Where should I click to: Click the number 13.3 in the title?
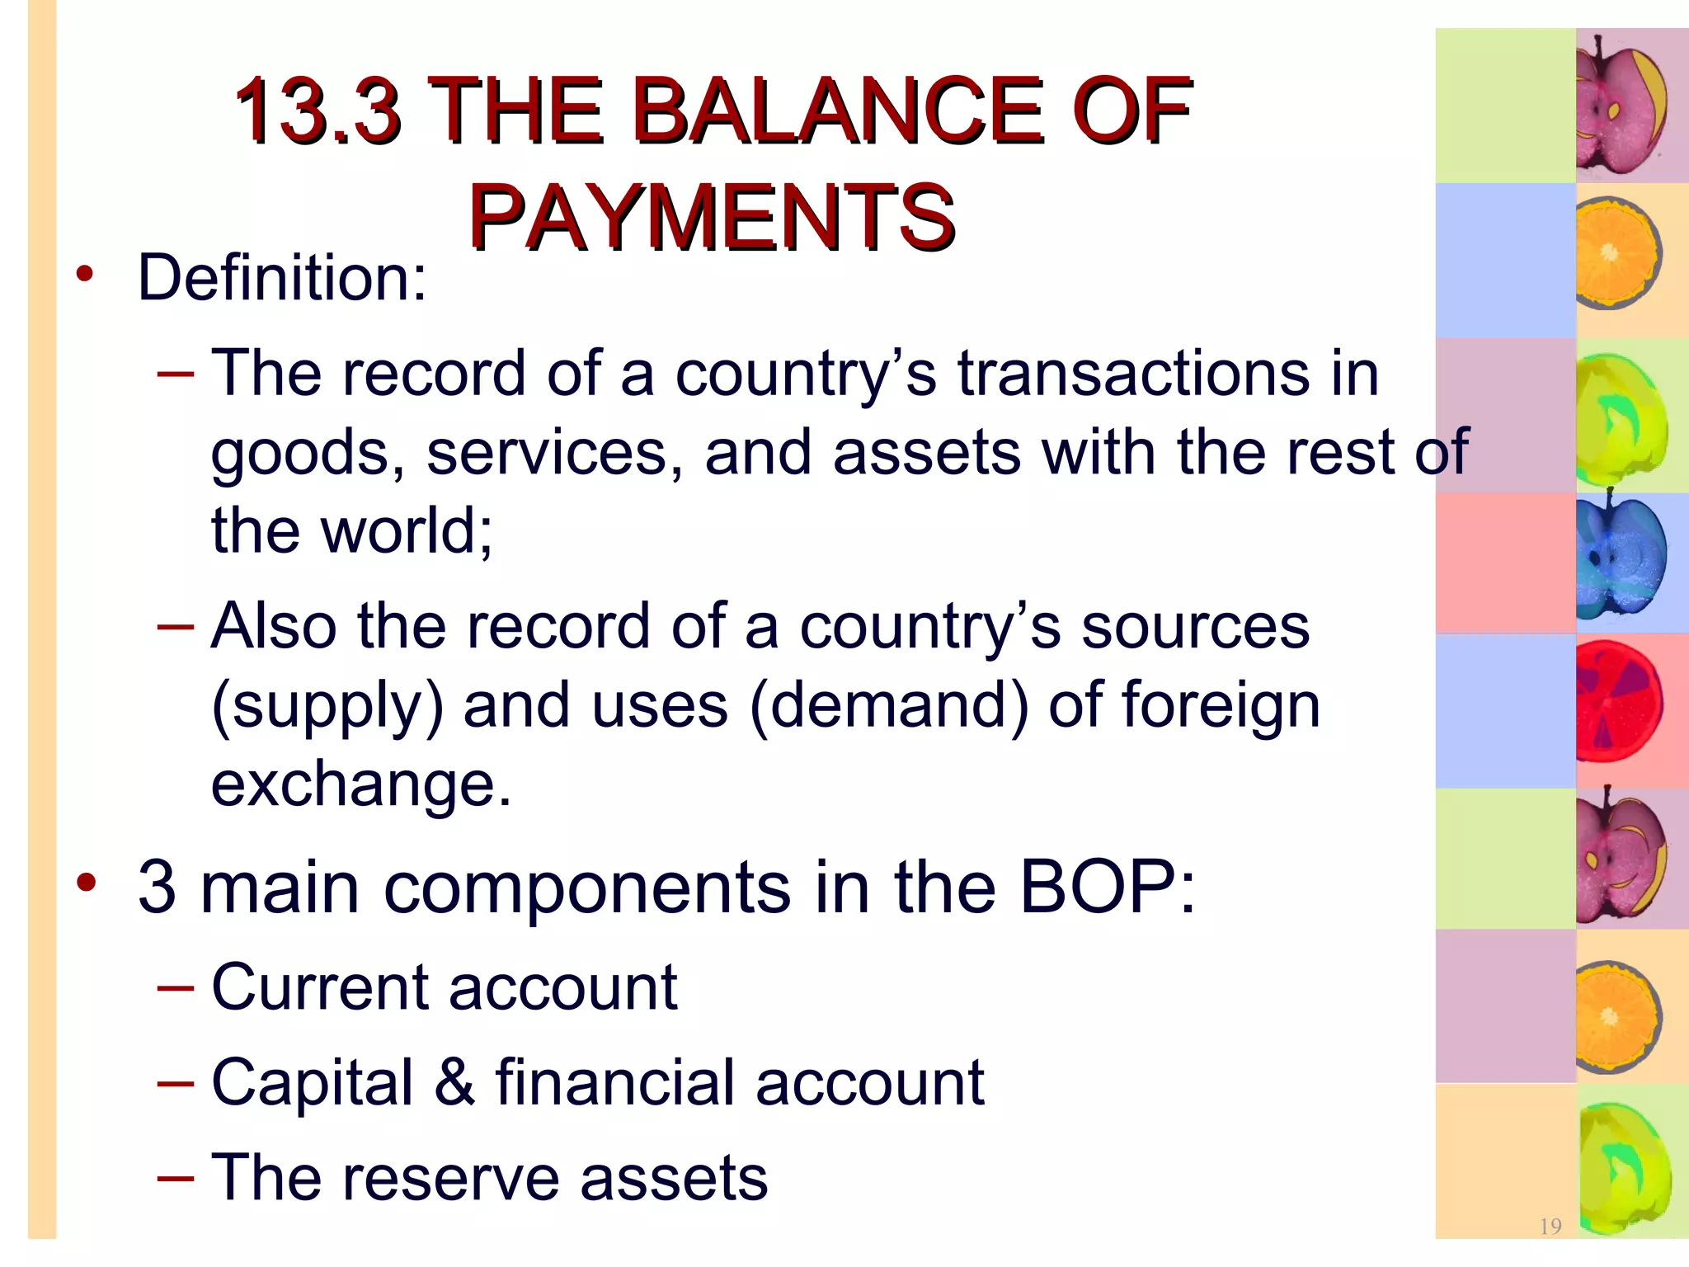pyautogui.click(x=318, y=111)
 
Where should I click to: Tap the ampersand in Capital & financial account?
pyautogui.click(x=454, y=1082)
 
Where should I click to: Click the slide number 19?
pyautogui.click(x=1550, y=1227)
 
